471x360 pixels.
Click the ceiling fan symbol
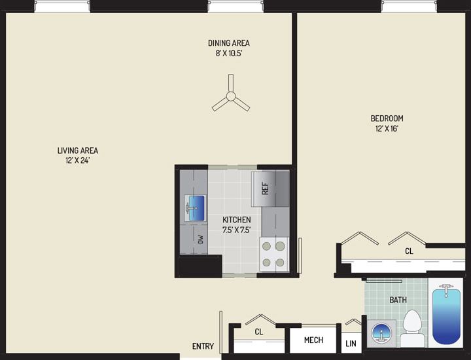(x=231, y=96)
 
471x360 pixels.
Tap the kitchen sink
(x=195, y=208)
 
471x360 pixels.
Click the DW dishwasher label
(x=201, y=239)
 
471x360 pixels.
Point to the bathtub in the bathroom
(x=446, y=314)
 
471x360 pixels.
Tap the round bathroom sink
(x=381, y=333)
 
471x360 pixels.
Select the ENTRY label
(x=203, y=346)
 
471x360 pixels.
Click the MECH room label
(x=313, y=340)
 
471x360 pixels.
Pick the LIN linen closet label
(x=351, y=343)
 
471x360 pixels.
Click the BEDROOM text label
(x=387, y=118)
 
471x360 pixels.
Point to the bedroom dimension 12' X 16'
(x=387, y=128)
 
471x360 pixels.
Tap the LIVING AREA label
(x=78, y=151)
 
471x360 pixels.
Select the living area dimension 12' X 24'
(x=78, y=160)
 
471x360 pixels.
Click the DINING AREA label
(x=229, y=43)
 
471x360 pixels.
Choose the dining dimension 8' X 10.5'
(x=229, y=54)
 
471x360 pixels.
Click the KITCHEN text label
(x=237, y=220)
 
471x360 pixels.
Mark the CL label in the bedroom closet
(x=409, y=251)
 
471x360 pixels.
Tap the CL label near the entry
(x=259, y=332)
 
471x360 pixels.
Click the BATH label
(x=398, y=300)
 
